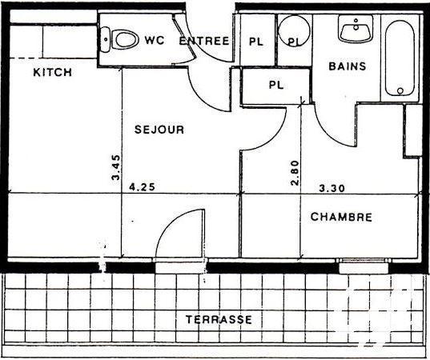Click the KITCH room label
(53, 73)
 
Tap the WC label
(155, 40)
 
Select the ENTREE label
(204, 41)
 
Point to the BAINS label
(348, 66)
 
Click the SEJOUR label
(159, 130)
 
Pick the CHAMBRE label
(341, 217)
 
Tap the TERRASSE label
(219, 319)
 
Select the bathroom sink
(352, 30)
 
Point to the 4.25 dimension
(141, 189)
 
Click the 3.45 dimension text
(116, 169)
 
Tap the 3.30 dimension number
(332, 189)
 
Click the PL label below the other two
(276, 83)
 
